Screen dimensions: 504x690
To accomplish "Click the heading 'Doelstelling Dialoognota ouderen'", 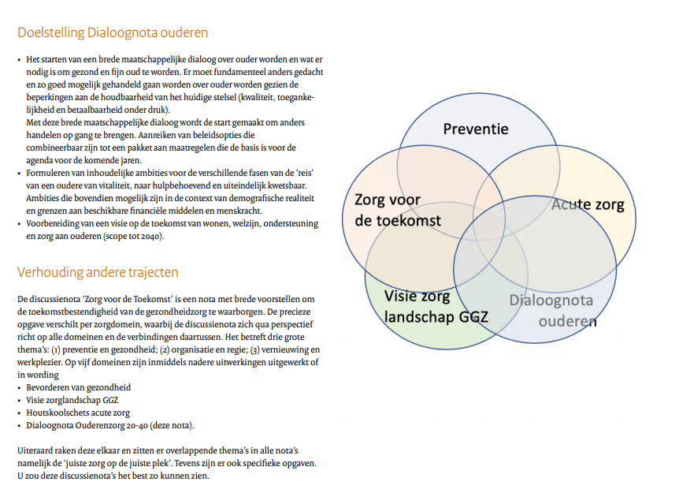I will point(113,33).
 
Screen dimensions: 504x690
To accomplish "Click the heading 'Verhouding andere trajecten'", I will point(98,273).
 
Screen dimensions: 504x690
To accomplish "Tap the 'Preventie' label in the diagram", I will point(475,129).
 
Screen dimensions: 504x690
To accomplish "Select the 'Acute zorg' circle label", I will point(587,205).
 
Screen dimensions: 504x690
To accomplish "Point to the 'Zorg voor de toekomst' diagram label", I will point(397,211).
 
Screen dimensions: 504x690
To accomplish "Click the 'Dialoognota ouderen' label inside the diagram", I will point(551,310).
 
